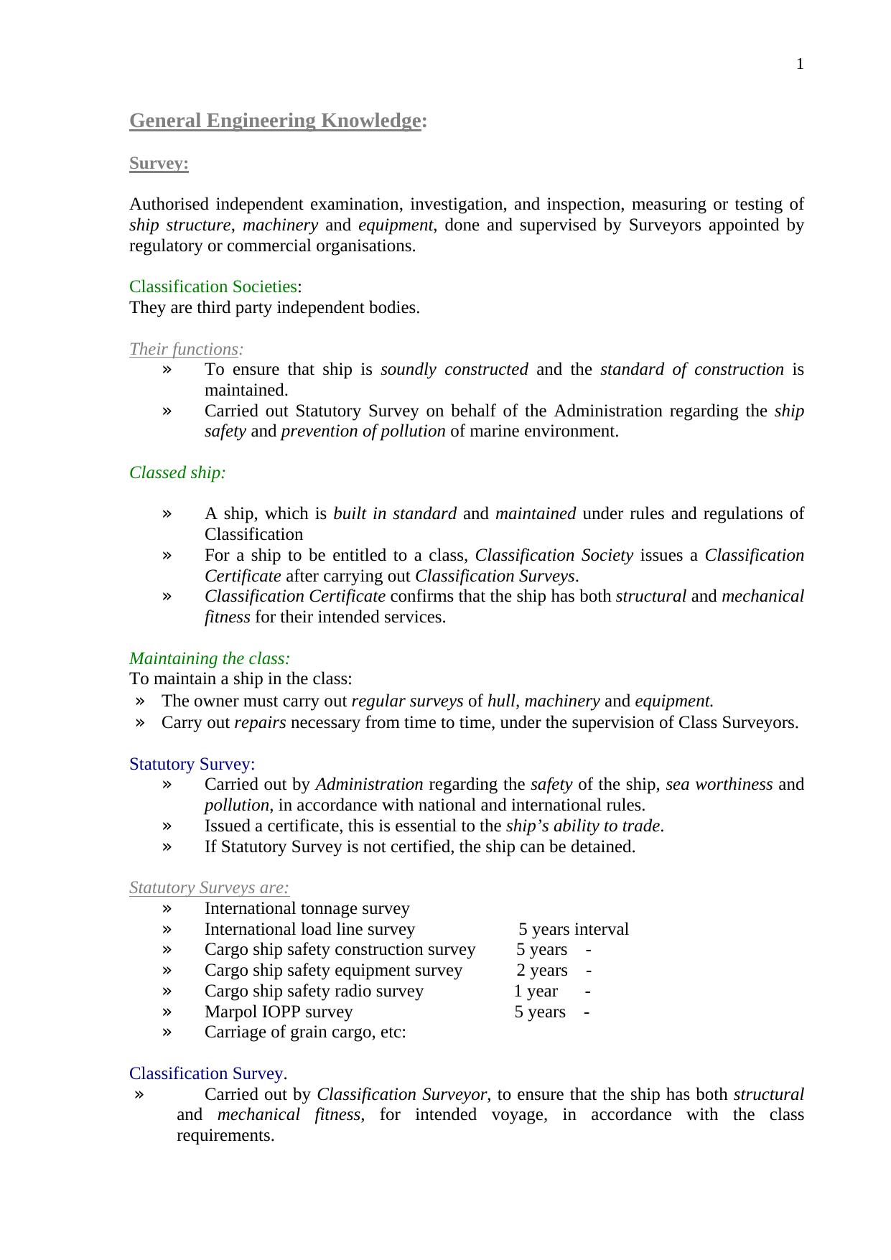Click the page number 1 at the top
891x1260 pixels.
[800, 65]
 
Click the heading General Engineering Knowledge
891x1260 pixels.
[274, 121]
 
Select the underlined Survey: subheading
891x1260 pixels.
[159, 164]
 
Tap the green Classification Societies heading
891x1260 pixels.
[213, 287]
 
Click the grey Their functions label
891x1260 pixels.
[184, 350]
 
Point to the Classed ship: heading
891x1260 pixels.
[177, 473]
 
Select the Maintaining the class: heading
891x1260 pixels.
[210, 658]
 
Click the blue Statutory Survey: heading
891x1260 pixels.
[192, 764]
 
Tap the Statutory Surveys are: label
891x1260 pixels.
[209, 888]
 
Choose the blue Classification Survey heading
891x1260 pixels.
[206, 1073]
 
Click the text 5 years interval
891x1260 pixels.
[573, 930]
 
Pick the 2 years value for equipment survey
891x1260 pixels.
[542, 971]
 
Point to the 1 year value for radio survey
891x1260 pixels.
[536, 991]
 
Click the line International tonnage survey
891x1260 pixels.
[307, 909]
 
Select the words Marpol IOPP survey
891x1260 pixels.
[279, 1012]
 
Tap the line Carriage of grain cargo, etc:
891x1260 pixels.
[305, 1032]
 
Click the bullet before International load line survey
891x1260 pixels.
[167, 930]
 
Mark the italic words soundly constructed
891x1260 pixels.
[454, 370]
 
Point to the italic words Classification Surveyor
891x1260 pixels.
[402, 1095]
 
